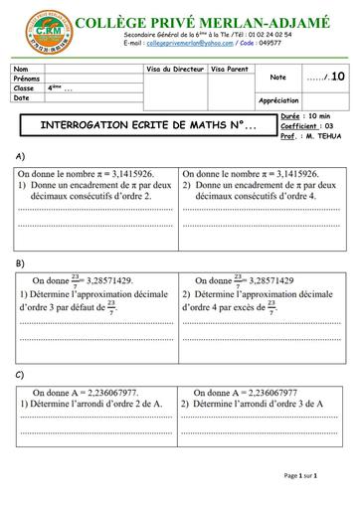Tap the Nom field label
(22, 68)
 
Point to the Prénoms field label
(28, 78)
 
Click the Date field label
(23, 97)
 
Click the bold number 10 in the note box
(338, 77)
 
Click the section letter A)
(20, 157)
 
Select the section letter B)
(20, 262)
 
